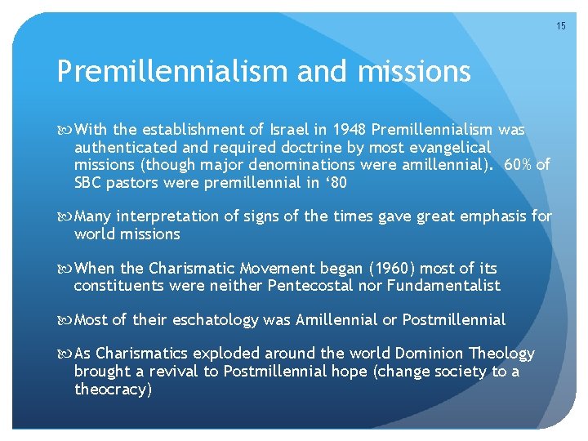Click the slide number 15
point(560,26)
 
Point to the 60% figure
point(519,166)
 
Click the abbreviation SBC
point(89,183)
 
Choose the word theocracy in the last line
point(112,390)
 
